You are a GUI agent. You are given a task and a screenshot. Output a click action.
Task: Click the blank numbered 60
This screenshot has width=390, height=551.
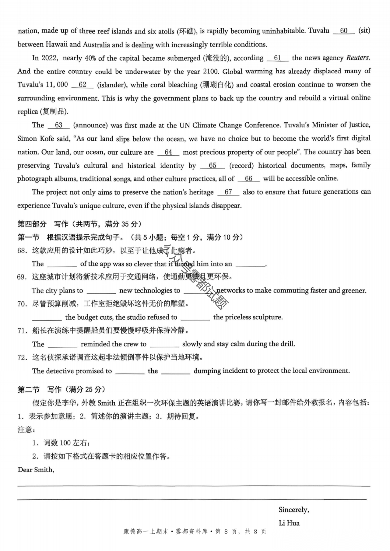(344, 31)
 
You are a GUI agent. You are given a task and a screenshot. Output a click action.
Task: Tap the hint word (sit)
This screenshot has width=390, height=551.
(364, 31)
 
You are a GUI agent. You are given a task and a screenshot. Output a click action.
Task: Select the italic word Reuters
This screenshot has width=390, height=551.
(358, 58)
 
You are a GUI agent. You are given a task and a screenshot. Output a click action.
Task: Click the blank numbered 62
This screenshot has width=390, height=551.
(83, 85)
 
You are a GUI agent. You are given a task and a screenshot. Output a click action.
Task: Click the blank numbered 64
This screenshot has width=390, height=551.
(168, 152)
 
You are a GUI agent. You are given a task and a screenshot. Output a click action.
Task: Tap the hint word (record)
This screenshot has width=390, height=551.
(241, 166)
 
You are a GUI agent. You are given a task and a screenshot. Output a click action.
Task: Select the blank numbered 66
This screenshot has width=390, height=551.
(248, 179)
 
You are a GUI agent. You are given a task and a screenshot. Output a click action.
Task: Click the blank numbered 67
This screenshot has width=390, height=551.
(228, 192)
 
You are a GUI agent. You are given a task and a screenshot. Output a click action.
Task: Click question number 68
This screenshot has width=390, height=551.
(22, 250)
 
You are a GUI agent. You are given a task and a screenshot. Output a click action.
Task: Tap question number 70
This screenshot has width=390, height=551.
(22, 304)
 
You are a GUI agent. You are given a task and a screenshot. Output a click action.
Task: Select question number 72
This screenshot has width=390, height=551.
(22, 357)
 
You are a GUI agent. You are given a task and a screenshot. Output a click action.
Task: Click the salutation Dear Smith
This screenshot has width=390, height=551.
(36, 469)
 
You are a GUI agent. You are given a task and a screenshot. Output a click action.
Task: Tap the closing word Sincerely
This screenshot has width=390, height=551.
(294, 510)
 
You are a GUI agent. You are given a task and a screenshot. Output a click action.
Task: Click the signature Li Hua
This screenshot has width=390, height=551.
(289, 523)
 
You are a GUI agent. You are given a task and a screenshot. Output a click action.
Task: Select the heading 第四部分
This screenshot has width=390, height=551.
(32, 224)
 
